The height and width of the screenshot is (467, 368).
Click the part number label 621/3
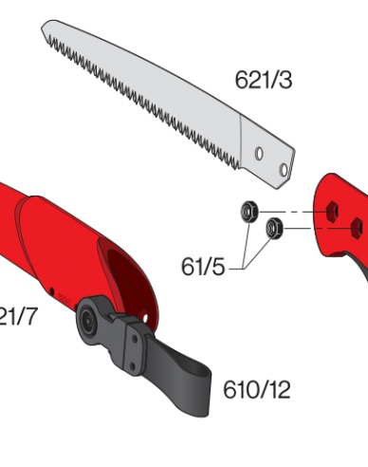(263, 80)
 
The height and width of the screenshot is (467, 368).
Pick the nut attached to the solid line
(276, 227)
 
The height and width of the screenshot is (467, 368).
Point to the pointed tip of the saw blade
(44, 26)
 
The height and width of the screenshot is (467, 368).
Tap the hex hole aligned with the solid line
(359, 226)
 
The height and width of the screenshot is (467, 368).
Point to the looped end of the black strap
(198, 395)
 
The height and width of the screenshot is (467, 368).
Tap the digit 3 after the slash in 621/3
(284, 80)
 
